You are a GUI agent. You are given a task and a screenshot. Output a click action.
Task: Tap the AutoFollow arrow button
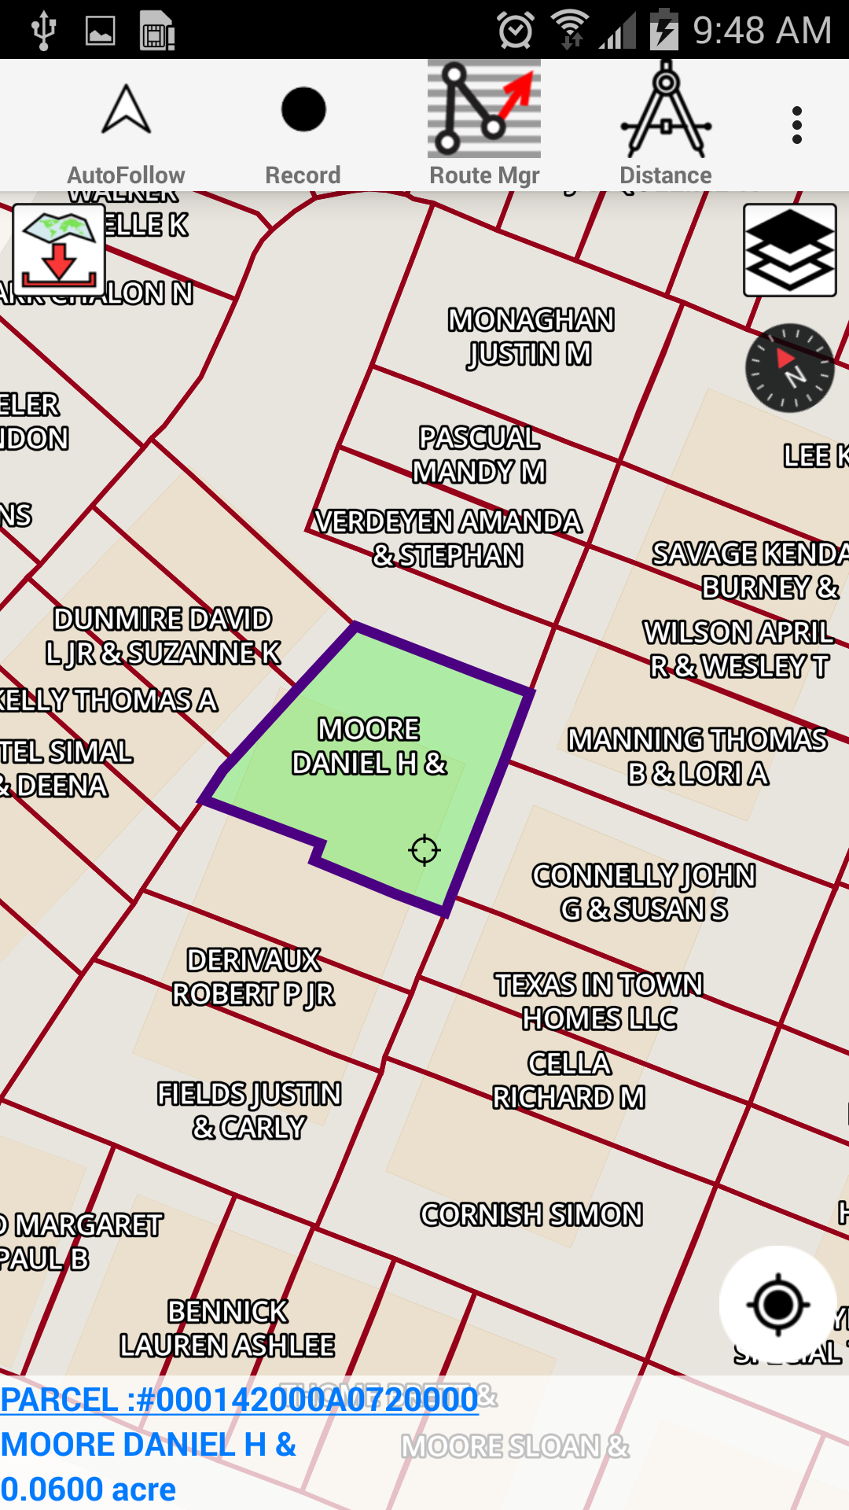point(126,126)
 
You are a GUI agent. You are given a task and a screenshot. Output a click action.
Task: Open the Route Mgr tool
point(484,126)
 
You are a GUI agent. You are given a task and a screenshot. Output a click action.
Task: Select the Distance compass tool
point(666,126)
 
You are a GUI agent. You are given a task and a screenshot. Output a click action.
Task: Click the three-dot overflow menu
point(797,126)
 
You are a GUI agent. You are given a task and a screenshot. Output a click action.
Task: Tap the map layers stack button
point(789,250)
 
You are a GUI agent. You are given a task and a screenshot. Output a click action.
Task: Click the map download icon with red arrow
point(59,250)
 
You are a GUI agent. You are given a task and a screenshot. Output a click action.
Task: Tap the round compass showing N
point(789,368)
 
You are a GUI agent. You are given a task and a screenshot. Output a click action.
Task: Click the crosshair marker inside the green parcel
point(424,850)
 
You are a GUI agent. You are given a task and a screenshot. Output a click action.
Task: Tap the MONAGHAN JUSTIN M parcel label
point(531,337)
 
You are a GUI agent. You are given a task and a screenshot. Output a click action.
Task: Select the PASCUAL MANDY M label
point(479,455)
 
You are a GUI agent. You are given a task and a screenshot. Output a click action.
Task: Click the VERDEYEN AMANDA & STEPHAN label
point(448,538)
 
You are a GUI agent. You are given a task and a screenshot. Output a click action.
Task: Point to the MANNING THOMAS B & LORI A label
point(697,757)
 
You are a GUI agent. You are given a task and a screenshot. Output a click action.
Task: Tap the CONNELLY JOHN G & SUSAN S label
point(644,893)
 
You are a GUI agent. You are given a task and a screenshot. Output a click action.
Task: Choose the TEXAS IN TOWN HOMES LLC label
point(599,1001)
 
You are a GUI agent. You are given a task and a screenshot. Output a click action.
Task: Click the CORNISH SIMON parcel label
point(531,1215)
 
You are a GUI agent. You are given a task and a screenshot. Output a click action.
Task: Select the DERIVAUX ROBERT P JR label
point(253,978)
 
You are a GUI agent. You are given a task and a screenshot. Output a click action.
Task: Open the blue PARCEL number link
point(239,1400)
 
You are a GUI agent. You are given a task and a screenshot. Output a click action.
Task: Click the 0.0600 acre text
point(88,1489)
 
